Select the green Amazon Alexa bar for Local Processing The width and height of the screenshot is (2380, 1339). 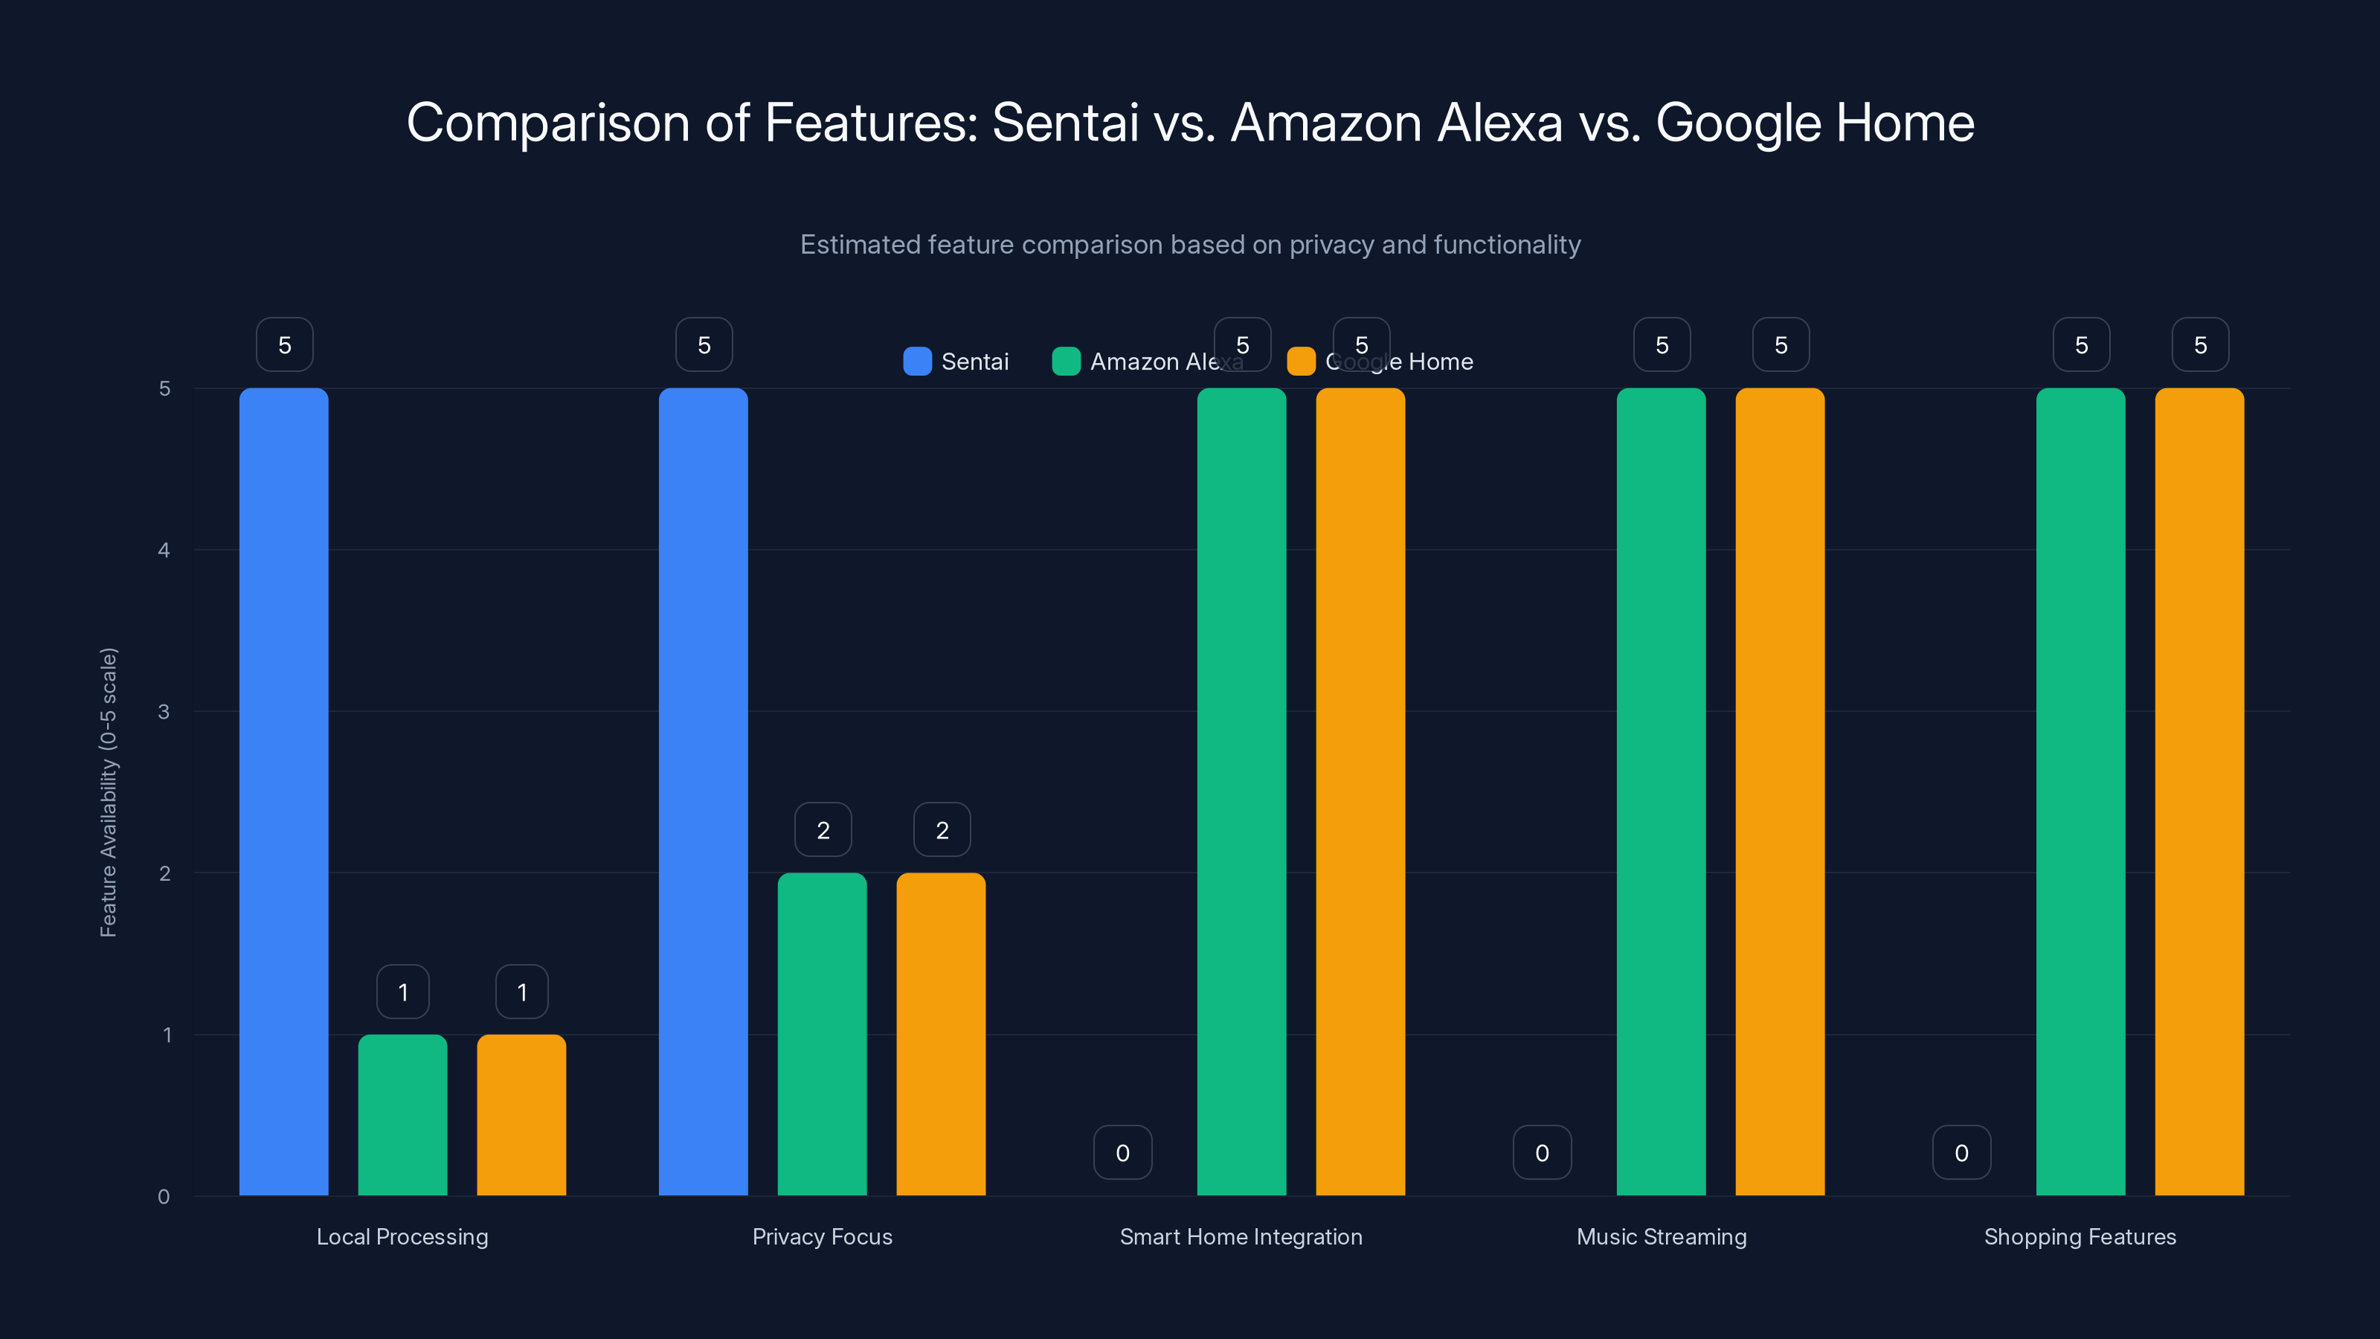pyautogui.click(x=403, y=1114)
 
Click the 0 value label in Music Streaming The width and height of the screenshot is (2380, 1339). pyautogui.click(x=1542, y=1152)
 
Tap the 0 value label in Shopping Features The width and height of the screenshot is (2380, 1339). pyautogui.click(x=1961, y=1152)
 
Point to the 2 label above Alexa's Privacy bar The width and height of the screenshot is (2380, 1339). pyautogui.click(x=823, y=830)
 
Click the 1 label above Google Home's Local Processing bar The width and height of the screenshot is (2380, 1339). pyautogui.click(x=522, y=992)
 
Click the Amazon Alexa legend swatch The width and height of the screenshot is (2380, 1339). pyautogui.click(x=1067, y=362)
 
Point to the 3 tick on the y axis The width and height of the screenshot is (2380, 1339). pyautogui.click(x=164, y=712)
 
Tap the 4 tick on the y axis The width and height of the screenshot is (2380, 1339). pyautogui.click(x=164, y=550)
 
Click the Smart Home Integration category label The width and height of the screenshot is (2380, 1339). pyautogui.click(x=1241, y=1236)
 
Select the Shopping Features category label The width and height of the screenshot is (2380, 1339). pyautogui.click(x=2080, y=1236)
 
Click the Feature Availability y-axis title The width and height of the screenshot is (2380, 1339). pyautogui.click(x=109, y=792)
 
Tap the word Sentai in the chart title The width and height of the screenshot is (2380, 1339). pyautogui.click(x=1064, y=122)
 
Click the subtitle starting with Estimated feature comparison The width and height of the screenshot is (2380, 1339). pyautogui.click(x=1190, y=244)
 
